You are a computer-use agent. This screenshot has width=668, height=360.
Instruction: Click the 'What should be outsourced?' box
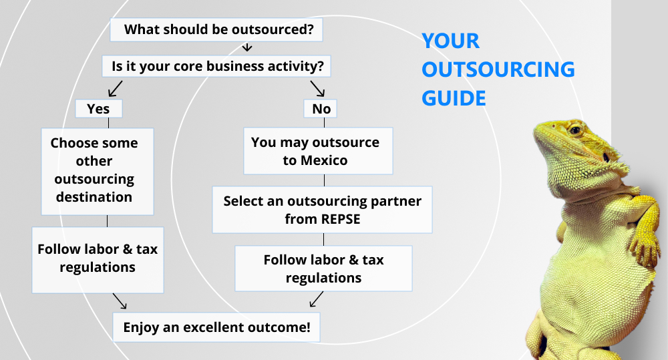[x=216, y=30]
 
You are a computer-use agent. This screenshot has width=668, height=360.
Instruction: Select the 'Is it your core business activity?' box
[x=216, y=66]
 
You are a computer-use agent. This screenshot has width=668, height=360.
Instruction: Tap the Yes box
[x=98, y=109]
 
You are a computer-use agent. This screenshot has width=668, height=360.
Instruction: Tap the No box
[x=321, y=109]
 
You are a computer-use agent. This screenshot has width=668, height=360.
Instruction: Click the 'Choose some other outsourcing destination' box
[x=98, y=171]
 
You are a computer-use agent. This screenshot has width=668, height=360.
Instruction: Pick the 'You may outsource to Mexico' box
[x=318, y=151]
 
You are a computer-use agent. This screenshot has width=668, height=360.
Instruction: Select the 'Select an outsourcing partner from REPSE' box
[x=322, y=210]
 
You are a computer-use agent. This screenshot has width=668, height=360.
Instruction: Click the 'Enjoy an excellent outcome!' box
[x=216, y=327]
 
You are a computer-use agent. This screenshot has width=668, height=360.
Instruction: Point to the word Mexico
[x=324, y=160]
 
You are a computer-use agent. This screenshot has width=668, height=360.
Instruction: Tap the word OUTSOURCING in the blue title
[x=498, y=69]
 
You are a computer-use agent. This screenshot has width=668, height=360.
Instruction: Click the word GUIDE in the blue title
[x=454, y=98]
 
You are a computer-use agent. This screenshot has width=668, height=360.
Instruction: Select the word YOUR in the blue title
[x=451, y=41]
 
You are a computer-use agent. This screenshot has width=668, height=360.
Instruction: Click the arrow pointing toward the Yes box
[x=115, y=89]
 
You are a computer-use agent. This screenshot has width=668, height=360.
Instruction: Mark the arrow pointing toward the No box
[x=317, y=88]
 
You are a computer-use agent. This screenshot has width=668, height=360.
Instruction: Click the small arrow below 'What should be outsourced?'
[x=247, y=47]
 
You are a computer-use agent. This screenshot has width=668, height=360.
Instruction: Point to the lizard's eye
[x=575, y=130]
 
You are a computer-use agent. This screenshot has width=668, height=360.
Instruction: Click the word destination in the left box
[x=94, y=197]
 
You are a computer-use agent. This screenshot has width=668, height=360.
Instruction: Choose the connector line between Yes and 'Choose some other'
[x=109, y=123]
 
